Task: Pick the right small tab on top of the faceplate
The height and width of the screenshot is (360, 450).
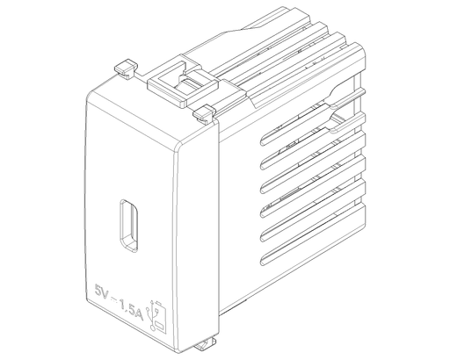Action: click(x=204, y=112)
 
